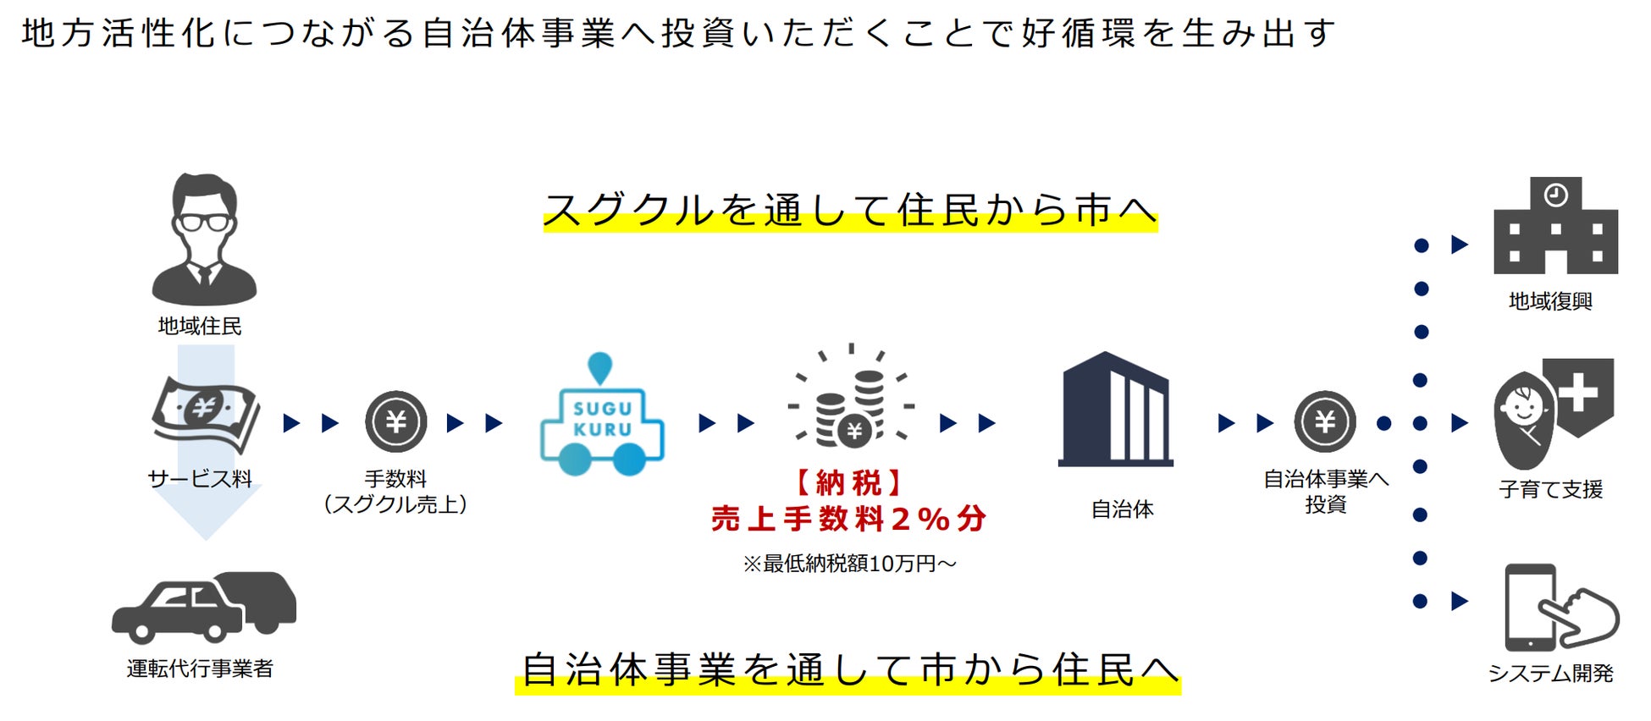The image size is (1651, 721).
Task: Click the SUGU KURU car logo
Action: pyautogui.click(x=602, y=416)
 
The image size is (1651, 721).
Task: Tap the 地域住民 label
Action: pyautogui.click(x=200, y=326)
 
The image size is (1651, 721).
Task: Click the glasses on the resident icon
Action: pyautogui.click(x=203, y=223)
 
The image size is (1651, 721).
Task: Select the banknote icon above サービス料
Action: pyautogui.click(x=206, y=412)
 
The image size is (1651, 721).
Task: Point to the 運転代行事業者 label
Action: pyautogui.click(x=201, y=669)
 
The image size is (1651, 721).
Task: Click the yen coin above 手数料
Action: pyautogui.click(x=395, y=421)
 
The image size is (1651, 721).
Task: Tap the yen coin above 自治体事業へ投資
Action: pyautogui.click(x=1324, y=421)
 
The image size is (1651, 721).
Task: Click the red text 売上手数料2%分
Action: pyautogui.click(x=849, y=518)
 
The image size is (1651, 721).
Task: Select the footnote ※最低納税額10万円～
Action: pyautogui.click(x=849, y=564)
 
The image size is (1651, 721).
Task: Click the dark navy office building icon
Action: pyautogui.click(x=1116, y=410)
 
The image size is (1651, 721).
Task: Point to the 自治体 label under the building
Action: pyautogui.click(x=1122, y=509)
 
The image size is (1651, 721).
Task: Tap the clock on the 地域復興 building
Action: pyautogui.click(x=1555, y=195)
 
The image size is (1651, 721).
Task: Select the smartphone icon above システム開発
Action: pyautogui.click(x=1530, y=607)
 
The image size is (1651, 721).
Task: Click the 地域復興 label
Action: pyautogui.click(x=1550, y=301)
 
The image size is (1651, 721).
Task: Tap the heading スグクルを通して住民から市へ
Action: pyautogui.click(x=850, y=210)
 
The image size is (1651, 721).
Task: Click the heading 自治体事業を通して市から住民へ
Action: pyautogui.click(x=849, y=669)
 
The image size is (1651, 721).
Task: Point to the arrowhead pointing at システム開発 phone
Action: pyautogui.click(x=1460, y=602)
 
